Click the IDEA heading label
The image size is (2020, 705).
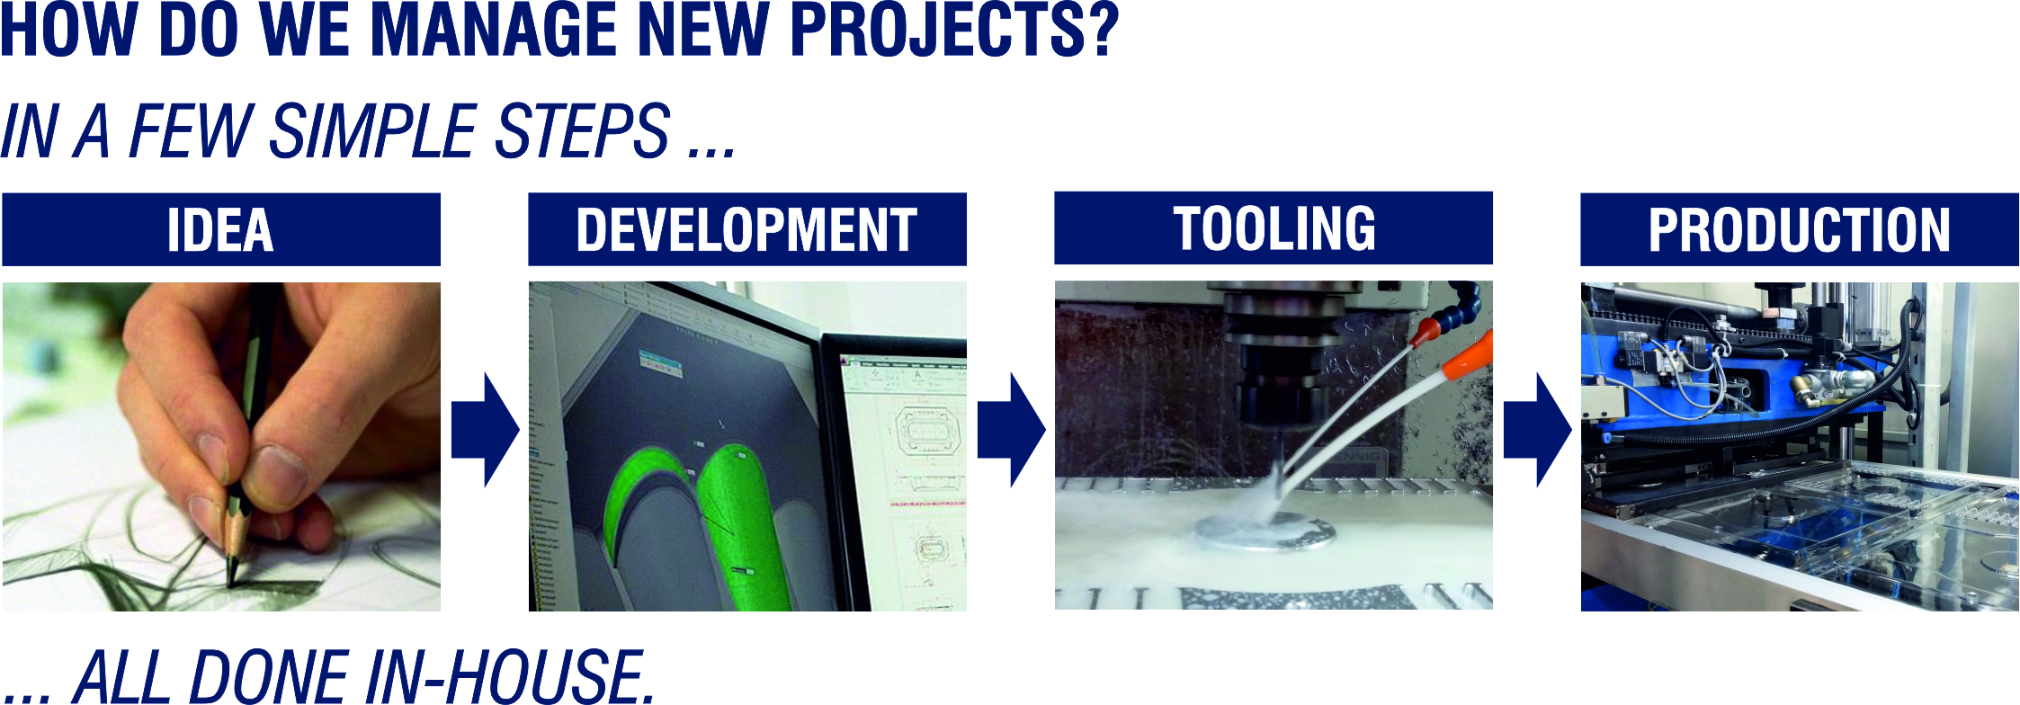pyautogui.click(x=221, y=229)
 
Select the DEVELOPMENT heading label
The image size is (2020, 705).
pyautogui.click(x=747, y=229)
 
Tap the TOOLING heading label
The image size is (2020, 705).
pyautogui.click(x=1274, y=228)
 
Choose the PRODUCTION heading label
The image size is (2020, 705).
pyautogui.click(x=1800, y=229)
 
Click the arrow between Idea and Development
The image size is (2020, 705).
pyautogui.click(x=486, y=430)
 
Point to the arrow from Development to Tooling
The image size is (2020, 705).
pyautogui.click(x=1012, y=430)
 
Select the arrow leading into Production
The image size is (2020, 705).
pyautogui.click(x=1538, y=430)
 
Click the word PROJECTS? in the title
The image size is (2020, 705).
pyautogui.click(x=954, y=30)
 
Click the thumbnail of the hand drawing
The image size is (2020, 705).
pyautogui.click(x=221, y=447)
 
